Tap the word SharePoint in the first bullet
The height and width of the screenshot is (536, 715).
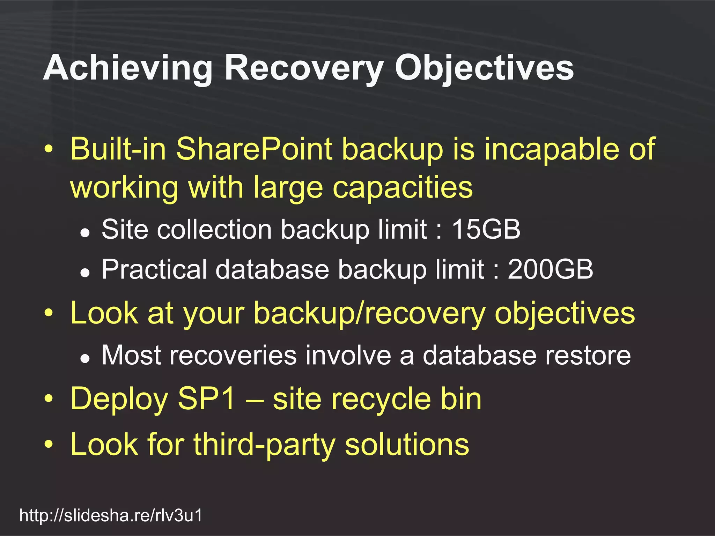click(x=254, y=149)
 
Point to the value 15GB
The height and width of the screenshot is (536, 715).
click(x=486, y=230)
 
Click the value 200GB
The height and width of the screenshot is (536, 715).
click(x=550, y=269)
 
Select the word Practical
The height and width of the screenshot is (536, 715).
click(x=154, y=269)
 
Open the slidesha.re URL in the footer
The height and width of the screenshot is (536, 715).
click(x=111, y=515)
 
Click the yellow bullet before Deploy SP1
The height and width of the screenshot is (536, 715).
click(x=49, y=399)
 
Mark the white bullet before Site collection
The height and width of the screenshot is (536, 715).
click(x=85, y=232)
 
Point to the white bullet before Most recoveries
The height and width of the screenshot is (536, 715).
click(x=85, y=358)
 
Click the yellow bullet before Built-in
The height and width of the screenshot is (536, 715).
click(x=49, y=150)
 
